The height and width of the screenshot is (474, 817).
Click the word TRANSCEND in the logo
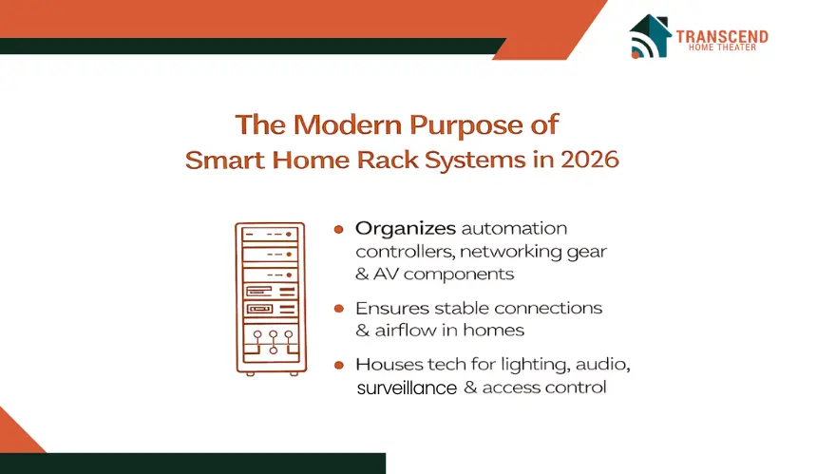pos(722,36)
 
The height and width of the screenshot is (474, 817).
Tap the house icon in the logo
pos(650,35)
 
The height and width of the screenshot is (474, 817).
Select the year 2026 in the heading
pos(590,160)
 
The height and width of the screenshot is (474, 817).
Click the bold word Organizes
pos(406,229)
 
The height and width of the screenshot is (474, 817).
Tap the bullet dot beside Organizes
pos(339,229)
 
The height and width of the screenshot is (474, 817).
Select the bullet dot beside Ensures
pos(339,309)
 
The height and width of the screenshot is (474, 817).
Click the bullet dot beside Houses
pos(339,365)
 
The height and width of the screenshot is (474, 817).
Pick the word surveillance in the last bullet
pos(407,389)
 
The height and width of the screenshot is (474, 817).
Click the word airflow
pos(406,331)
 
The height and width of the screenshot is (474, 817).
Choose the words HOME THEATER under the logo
pos(722,47)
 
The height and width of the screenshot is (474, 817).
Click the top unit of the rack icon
pos(270,234)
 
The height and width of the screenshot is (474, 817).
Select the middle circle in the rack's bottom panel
pos(273,333)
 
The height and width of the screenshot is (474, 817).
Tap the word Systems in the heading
pos(475,160)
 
